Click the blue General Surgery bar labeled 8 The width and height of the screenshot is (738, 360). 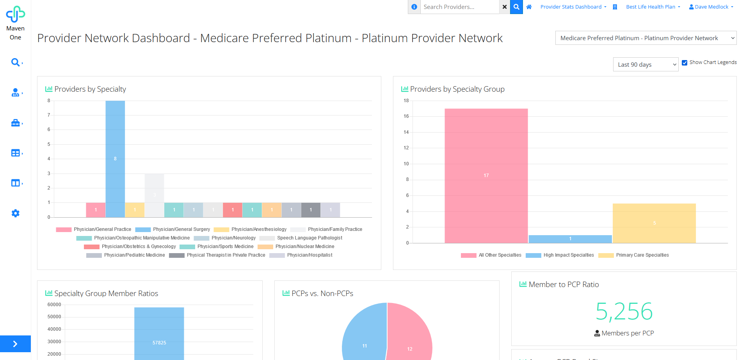point(115,159)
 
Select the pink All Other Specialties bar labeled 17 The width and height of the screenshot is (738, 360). point(486,176)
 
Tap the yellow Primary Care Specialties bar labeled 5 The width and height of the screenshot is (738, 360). point(654,223)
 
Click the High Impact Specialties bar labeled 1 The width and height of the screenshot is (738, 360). point(570,239)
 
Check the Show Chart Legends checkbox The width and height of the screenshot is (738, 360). point(685,63)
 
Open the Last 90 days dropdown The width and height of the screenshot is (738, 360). point(646,65)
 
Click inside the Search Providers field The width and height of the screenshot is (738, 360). point(459,7)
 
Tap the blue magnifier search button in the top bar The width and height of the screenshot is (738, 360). point(516,7)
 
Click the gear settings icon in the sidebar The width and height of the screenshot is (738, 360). point(16,213)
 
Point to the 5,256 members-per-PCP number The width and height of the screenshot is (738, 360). point(624,311)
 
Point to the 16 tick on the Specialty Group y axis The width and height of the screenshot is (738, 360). point(406,116)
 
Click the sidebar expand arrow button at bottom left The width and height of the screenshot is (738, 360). point(15,344)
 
